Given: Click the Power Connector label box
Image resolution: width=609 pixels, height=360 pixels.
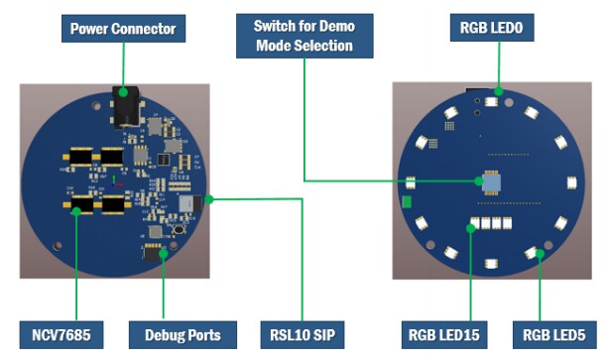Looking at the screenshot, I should coord(124,28).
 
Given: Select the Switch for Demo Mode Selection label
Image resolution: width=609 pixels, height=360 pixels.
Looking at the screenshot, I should coord(304,35).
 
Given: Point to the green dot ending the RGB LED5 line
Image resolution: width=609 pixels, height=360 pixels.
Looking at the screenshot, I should coord(541,254).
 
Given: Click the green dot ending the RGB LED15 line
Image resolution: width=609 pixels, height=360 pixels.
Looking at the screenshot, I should coord(470,229).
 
